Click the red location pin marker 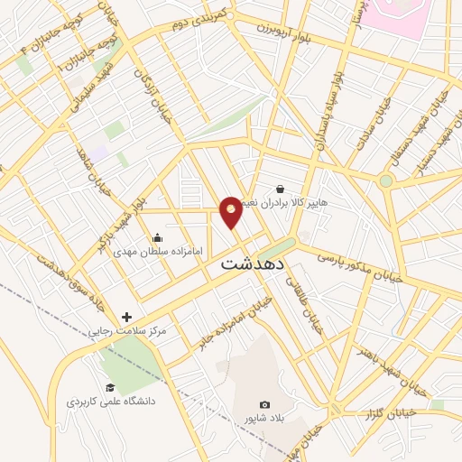pyautogui.click(x=231, y=211)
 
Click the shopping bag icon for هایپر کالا pyautogui.click(x=280, y=189)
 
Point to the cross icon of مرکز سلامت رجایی pyautogui.click(x=126, y=318)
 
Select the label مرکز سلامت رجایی pyautogui.click(x=127, y=331)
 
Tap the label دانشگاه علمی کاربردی pyautogui.click(x=110, y=400)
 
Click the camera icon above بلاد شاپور pyautogui.click(x=263, y=405)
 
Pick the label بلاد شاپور pyautogui.click(x=263, y=419)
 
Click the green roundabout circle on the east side pyautogui.click(x=386, y=180)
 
